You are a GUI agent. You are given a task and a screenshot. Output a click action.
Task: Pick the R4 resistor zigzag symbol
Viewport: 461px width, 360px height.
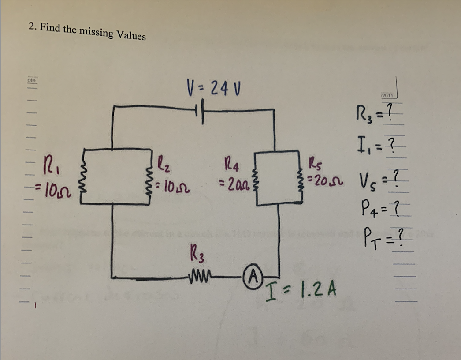[x=253, y=177]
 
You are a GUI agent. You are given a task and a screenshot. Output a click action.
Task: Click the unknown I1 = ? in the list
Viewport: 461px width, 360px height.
[x=376, y=144]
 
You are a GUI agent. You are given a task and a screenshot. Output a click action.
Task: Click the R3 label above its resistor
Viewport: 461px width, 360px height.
[x=196, y=255]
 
